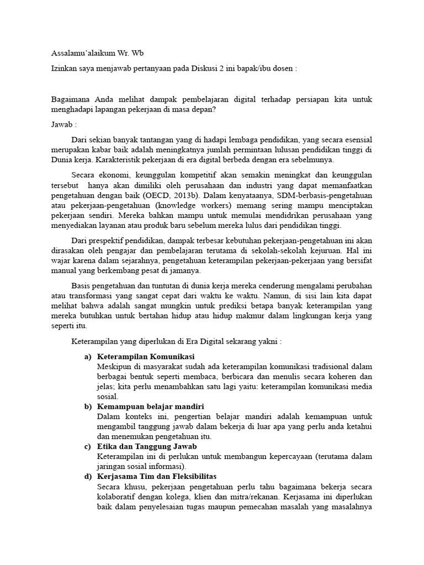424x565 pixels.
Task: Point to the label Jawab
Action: click(x=62, y=125)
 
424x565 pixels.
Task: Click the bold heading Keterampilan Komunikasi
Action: click(x=145, y=356)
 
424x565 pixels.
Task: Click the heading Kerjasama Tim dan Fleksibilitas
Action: click(x=157, y=476)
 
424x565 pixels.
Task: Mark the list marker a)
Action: click(x=88, y=356)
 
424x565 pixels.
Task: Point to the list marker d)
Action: click(x=88, y=476)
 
